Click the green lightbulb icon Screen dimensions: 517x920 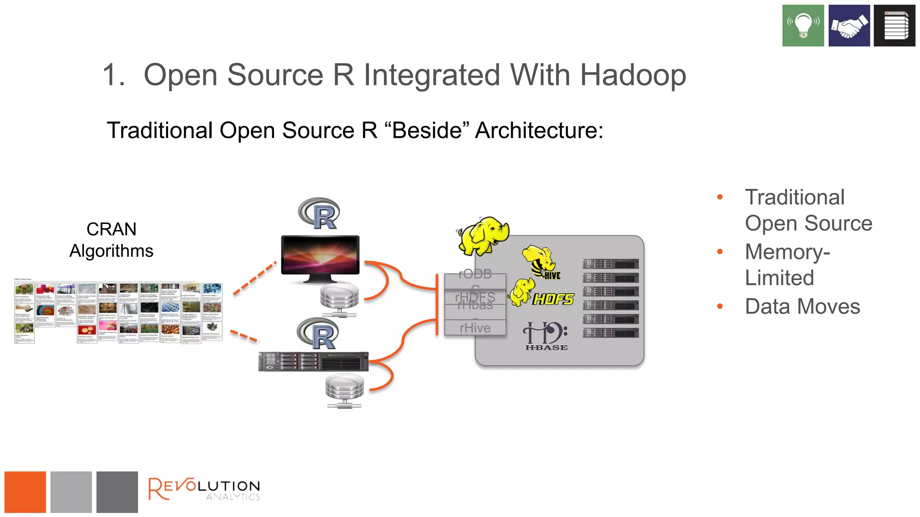tap(803, 26)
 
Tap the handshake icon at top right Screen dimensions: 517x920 tap(849, 26)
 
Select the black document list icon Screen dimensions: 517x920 tap(894, 26)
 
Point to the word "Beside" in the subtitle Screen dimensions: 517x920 tap(427, 131)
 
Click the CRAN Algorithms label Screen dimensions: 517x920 tap(111, 240)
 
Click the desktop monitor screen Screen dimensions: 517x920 tap(320, 254)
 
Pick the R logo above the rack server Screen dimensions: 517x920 tap(319, 334)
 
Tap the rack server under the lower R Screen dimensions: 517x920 tap(313, 362)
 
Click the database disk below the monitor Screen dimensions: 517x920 tap(339, 298)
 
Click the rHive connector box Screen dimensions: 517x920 tap(475, 328)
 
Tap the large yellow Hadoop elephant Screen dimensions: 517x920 tap(483, 236)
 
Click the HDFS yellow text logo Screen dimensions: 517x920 tap(553, 299)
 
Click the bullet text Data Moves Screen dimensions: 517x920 tap(802, 307)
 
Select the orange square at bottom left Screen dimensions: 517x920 tap(25, 492)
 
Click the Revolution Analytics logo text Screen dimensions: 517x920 tap(204, 489)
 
